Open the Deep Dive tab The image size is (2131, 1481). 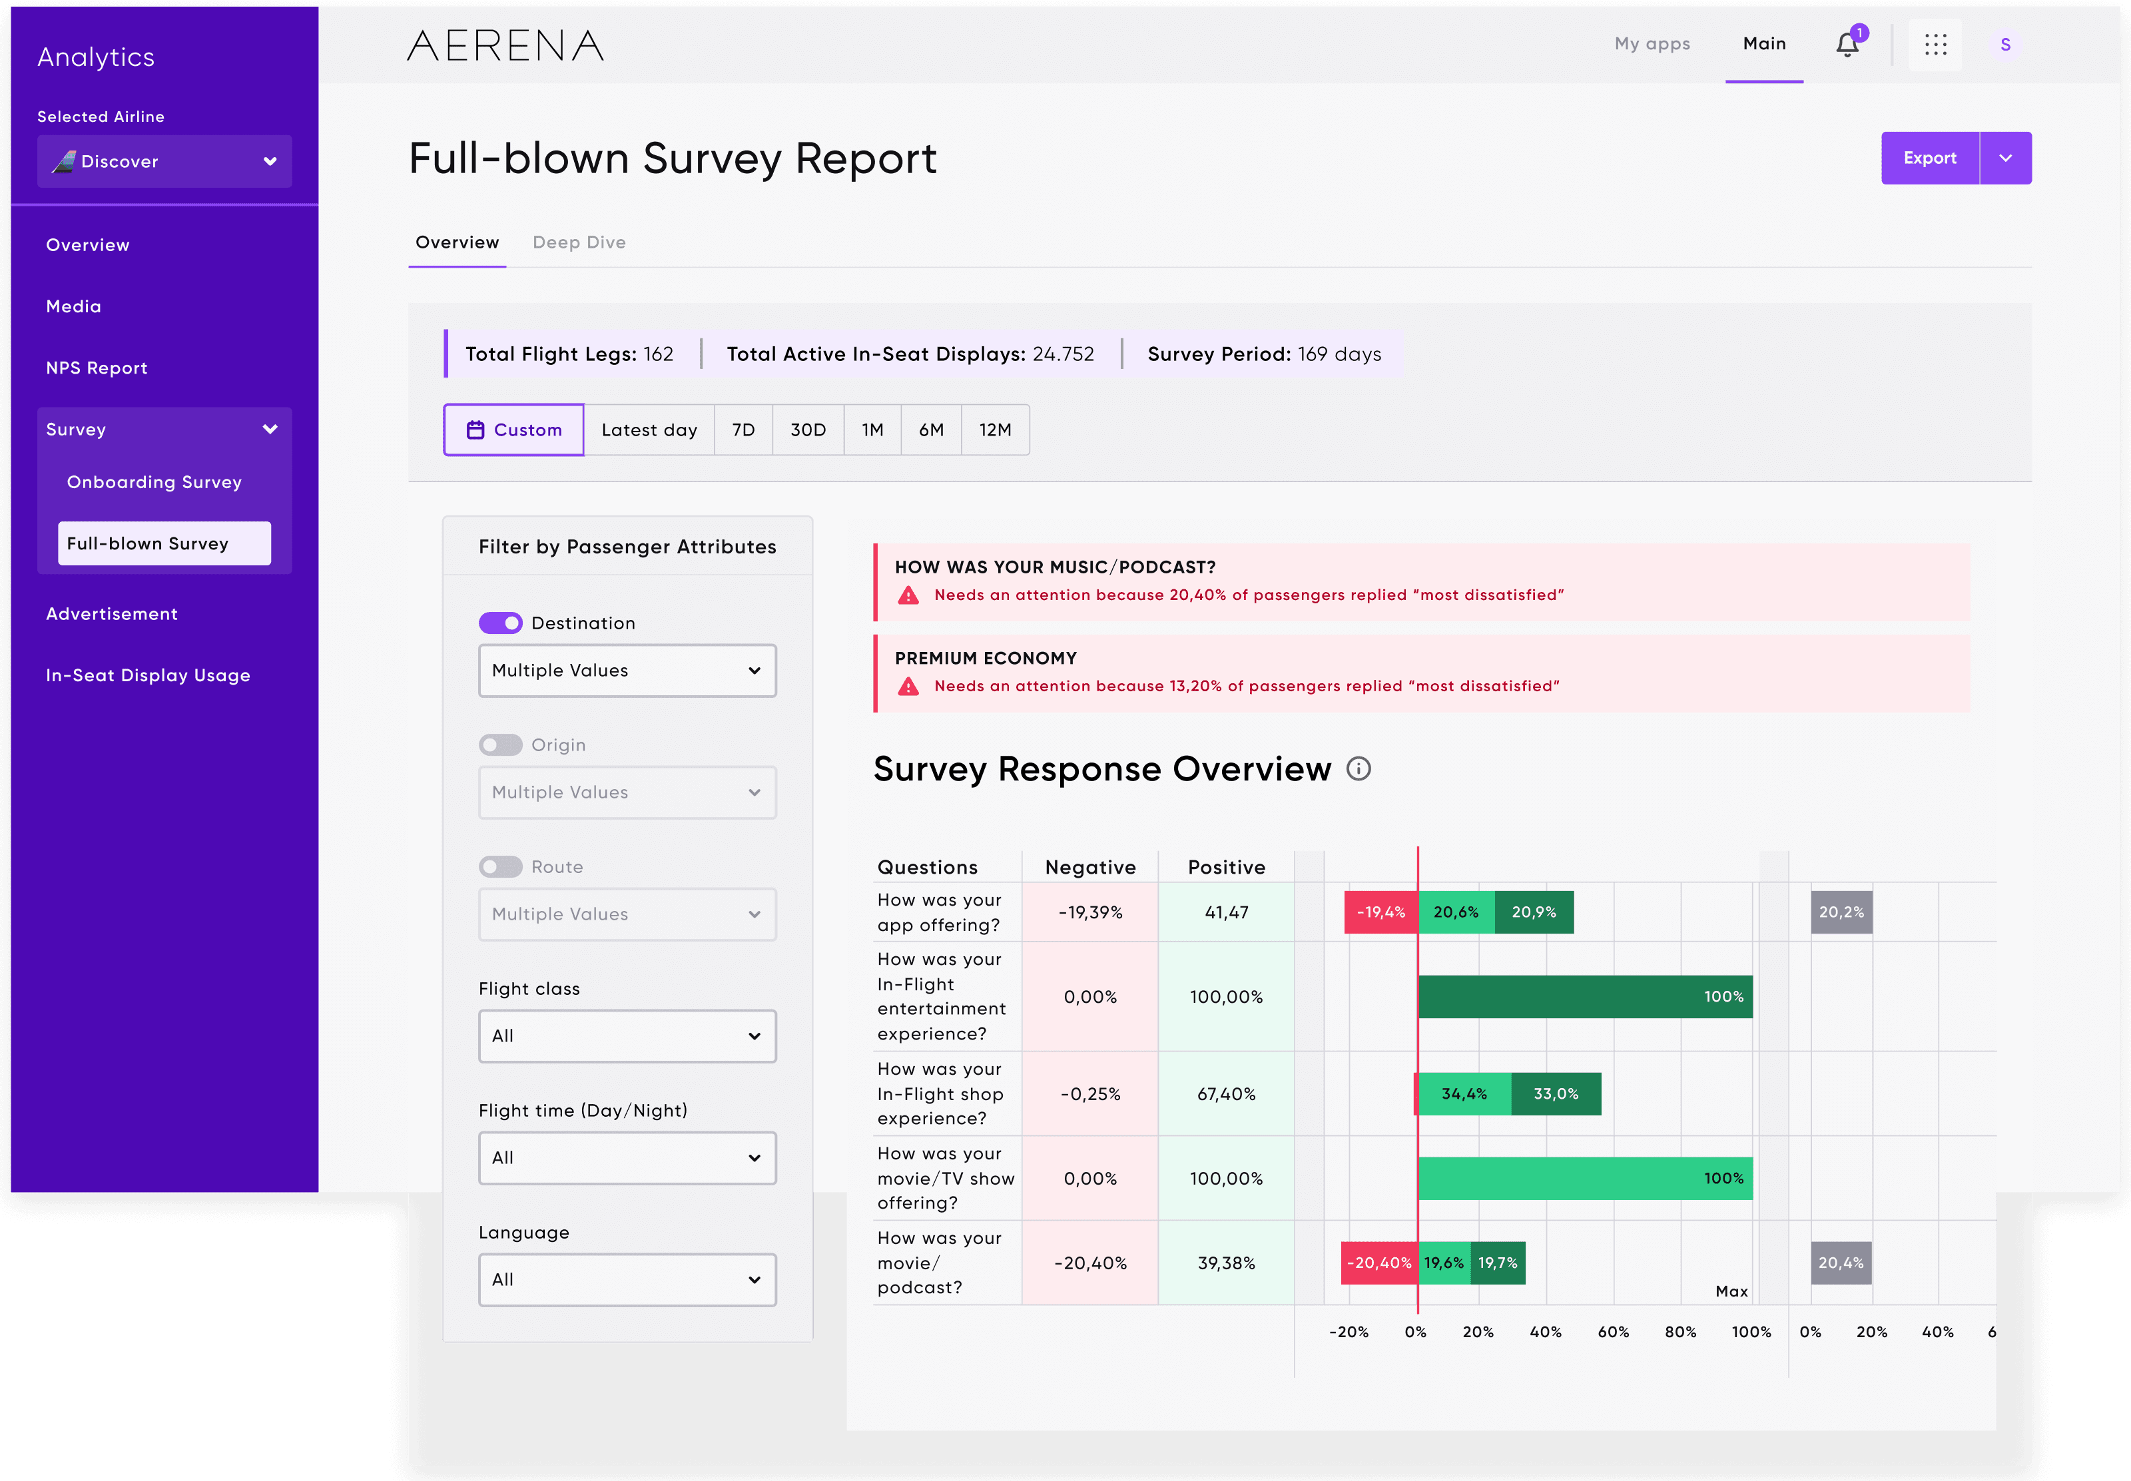tap(579, 242)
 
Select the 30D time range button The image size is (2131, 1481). tap(807, 430)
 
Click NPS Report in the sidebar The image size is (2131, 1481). tap(97, 368)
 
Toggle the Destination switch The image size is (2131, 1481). tap(500, 623)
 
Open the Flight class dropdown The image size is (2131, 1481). tap(627, 1036)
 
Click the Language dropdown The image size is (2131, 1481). tap(627, 1280)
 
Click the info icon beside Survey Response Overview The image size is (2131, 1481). tap(1359, 769)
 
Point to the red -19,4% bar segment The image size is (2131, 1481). tap(1380, 912)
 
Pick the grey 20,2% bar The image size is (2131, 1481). tap(1841, 912)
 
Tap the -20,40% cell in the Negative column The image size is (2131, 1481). tap(1090, 1263)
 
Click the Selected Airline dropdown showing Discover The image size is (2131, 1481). tap(164, 161)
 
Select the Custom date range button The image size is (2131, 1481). tap(514, 430)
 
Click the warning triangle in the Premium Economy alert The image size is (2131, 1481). tap(908, 687)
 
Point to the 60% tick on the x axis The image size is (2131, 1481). tap(1612, 1332)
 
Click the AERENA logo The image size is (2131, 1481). tap(505, 45)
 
